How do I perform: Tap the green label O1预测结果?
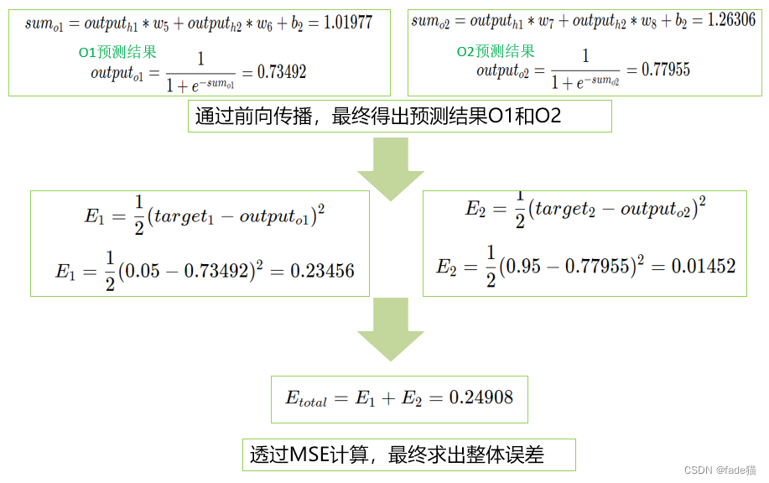point(117,53)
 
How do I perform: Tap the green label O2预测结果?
point(496,52)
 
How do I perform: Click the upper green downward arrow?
point(390,169)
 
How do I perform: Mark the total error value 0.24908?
point(481,398)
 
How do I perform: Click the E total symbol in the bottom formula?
point(306,400)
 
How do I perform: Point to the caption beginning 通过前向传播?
point(377,117)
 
